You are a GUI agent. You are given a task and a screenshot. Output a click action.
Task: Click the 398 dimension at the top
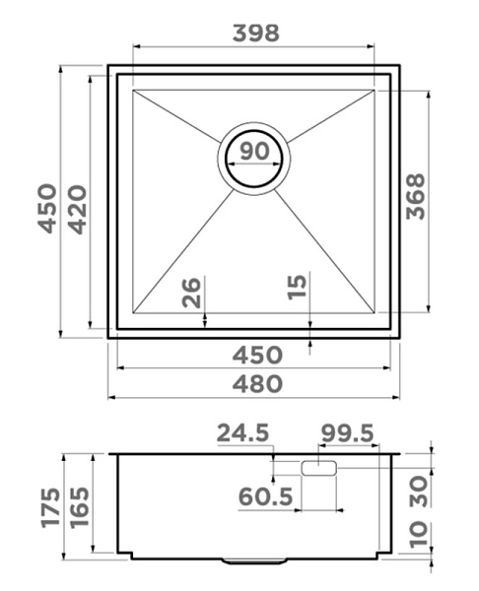pyautogui.click(x=256, y=33)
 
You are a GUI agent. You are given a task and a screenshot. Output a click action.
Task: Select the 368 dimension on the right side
pyautogui.click(x=416, y=196)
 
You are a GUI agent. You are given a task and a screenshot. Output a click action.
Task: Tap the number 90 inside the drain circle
pyautogui.click(x=254, y=151)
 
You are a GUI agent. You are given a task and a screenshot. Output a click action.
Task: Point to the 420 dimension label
pyautogui.click(x=77, y=210)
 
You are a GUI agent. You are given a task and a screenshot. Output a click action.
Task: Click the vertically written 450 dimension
pyautogui.click(x=47, y=209)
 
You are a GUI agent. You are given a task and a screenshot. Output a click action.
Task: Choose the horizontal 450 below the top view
pyautogui.click(x=257, y=355)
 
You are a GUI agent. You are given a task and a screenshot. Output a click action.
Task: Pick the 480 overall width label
pyautogui.click(x=257, y=384)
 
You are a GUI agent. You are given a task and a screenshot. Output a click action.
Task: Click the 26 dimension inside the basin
pyautogui.click(x=191, y=293)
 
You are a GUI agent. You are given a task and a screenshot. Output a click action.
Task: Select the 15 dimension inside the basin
pyautogui.click(x=297, y=288)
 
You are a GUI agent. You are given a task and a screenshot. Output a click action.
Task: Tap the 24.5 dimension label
pyautogui.click(x=242, y=432)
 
